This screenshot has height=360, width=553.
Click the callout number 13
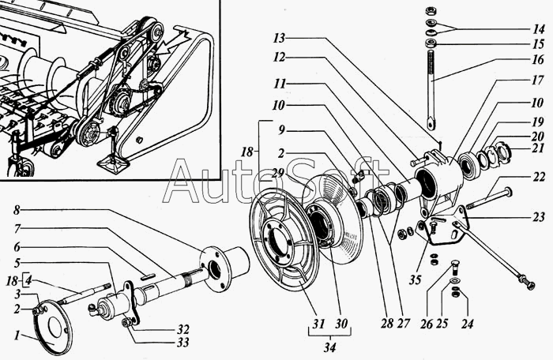point(279,38)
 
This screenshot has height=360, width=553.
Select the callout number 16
point(538,59)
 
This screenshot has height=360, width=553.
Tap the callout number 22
point(539,177)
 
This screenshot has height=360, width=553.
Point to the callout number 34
point(329,347)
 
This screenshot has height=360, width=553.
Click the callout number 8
point(17,211)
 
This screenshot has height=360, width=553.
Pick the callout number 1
point(17,336)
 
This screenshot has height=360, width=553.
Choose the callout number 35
point(415,279)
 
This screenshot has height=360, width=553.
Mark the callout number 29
point(278,173)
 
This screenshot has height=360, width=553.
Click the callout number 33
point(183,342)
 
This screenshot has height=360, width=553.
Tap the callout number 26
point(427,324)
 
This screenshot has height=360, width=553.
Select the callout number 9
point(281,130)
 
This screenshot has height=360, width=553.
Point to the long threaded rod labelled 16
point(432,89)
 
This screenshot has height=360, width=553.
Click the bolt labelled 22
point(489,198)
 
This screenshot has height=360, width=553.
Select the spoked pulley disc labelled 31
point(284,240)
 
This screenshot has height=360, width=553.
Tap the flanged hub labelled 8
point(224,268)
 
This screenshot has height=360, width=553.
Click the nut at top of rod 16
point(430,10)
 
